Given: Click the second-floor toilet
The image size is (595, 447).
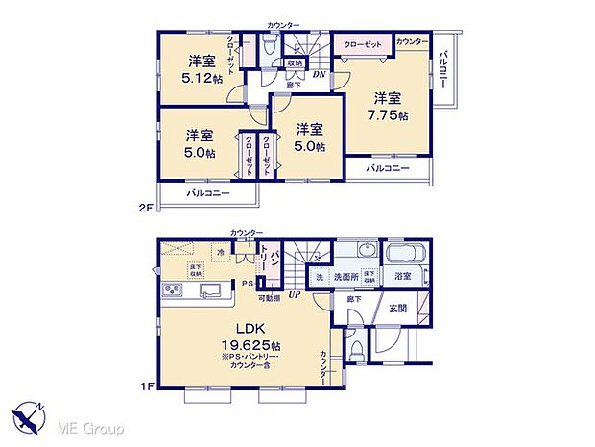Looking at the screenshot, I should pos(269,45).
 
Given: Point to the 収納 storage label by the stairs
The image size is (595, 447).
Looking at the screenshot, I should pos(295,63).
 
